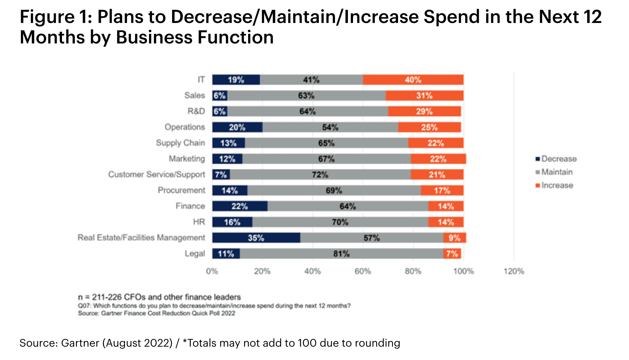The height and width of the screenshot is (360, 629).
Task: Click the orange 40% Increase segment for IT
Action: pyautogui.click(x=413, y=80)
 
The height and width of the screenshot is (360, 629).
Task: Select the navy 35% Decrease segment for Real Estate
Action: pyautogui.click(x=256, y=238)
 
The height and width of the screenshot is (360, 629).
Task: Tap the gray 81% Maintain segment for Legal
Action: pyautogui.click(x=341, y=254)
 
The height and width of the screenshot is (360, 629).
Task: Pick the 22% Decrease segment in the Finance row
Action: pyautogui.click(x=239, y=206)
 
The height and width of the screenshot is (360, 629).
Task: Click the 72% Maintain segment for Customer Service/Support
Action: pyautogui.click(x=320, y=175)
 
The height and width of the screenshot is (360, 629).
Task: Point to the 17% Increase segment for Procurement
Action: pyautogui.click(x=442, y=191)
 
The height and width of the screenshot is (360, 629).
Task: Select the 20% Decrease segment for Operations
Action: pyautogui.click(x=237, y=127)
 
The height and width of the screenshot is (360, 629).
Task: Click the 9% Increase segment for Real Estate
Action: pyautogui.click(x=454, y=238)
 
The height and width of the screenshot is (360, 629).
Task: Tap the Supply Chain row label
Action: pyautogui.click(x=180, y=143)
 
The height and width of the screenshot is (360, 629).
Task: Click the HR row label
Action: pyautogui.click(x=199, y=222)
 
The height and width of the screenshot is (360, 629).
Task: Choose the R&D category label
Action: pyautogui.click(x=196, y=111)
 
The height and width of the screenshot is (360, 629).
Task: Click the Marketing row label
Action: pyautogui.click(x=187, y=159)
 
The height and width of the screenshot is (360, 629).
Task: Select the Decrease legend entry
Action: pyautogui.click(x=559, y=159)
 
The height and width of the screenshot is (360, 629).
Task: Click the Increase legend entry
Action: pyautogui.click(x=557, y=185)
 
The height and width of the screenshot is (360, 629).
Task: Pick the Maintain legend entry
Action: pyautogui.click(x=557, y=172)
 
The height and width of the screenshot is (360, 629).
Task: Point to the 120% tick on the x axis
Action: pyautogui.click(x=514, y=271)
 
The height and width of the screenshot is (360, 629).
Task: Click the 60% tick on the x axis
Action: pyautogui.click(x=363, y=271)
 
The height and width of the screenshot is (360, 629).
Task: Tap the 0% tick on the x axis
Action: pyautogui.click(x=212, y=271)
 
